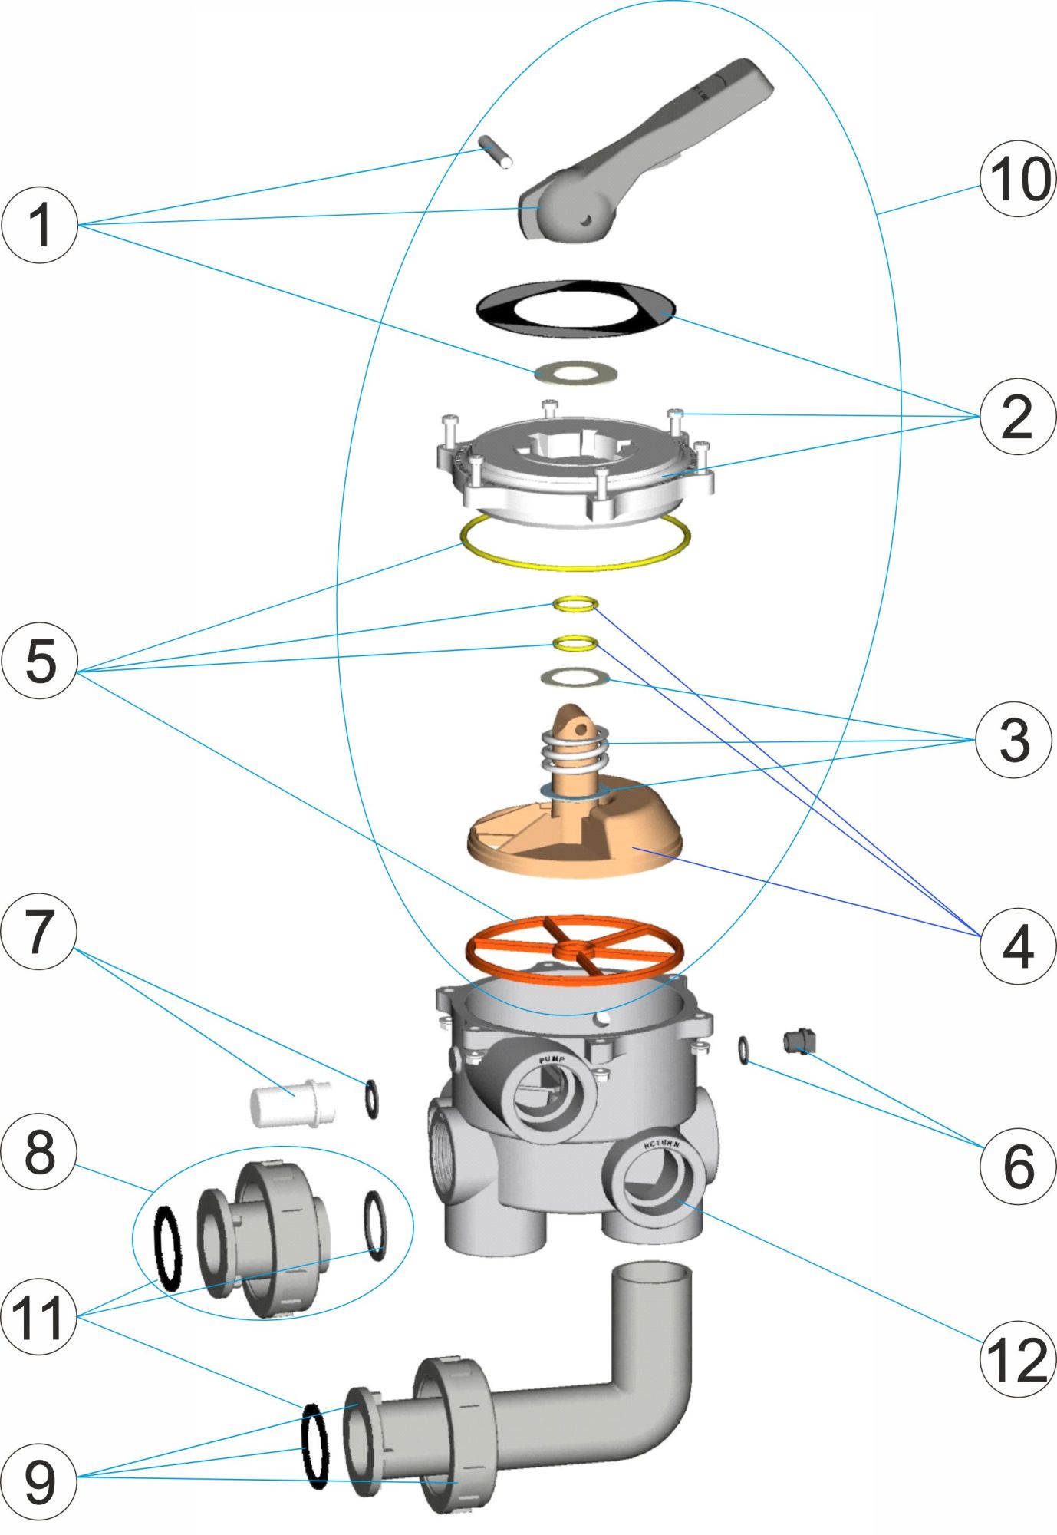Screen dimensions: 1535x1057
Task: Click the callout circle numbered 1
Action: [x=40, y=225]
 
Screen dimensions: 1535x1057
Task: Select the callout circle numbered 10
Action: [x=1018, y=178]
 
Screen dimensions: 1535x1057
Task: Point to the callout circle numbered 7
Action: [x=40, y=932]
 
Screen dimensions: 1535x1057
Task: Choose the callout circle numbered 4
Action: [x=1018, y=946]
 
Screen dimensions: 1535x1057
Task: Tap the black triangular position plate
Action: [x=575, y=309]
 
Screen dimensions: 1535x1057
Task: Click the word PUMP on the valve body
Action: [x=552, y=1060]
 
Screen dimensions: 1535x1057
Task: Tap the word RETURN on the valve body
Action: [x=661, y=1144]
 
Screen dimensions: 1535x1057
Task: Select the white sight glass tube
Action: [x=291, y=1104]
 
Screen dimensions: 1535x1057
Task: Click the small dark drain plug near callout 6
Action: [x=799, y=1041]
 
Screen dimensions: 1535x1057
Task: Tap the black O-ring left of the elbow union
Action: [x=316, y=1445]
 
